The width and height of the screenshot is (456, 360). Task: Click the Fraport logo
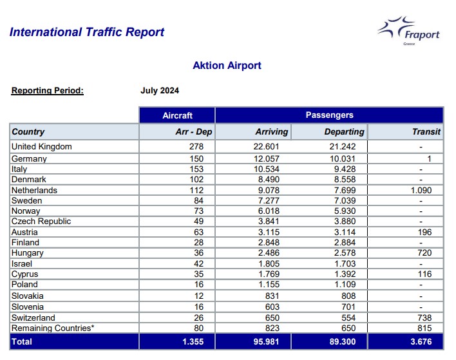pos(408,31)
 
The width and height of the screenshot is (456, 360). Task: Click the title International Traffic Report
pos(87,32)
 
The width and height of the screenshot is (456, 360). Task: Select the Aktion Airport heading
pos(227,66)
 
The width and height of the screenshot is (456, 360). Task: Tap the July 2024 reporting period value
pos(160,90)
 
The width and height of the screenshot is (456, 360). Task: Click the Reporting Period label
pos(48,90)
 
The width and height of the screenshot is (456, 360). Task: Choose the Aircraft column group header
pos(177,115)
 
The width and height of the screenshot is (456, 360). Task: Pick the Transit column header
pos(426,132)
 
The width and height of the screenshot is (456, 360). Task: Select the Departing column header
pos(345,132)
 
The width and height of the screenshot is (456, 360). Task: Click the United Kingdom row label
pos(42,146)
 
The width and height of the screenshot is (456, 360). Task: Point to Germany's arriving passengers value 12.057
pos(266,159)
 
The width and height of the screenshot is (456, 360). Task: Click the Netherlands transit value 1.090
pos(421,190)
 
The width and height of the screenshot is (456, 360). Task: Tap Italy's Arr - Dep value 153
pos(196,169)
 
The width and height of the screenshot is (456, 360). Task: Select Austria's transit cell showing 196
pos(424,232)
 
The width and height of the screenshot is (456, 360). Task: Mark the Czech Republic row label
pos(41,222)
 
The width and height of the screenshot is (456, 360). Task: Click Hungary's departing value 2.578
pos(345,252)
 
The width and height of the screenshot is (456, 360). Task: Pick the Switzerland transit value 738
pos(424,317)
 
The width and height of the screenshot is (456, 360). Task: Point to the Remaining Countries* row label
pos(53,328)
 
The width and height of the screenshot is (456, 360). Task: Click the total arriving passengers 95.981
pos(266,341)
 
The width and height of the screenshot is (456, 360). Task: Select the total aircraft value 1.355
pos(193,341)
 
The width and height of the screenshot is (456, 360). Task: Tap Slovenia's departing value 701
pos(348,307)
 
